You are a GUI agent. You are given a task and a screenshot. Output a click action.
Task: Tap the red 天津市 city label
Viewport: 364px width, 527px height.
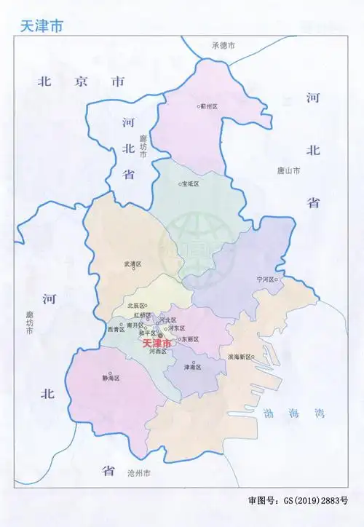coord(157,342)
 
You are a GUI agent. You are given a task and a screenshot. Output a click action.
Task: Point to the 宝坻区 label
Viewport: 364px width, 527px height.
coord(191,184)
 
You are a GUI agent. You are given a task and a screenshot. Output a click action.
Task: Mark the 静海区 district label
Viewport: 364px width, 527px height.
coord(111,379)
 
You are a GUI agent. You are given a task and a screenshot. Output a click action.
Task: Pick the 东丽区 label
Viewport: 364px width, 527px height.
coord(191,339)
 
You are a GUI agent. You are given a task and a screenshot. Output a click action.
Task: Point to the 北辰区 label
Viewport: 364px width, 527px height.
coord(136,306)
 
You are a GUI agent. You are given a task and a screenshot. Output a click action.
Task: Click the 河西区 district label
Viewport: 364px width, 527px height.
coord(157,352)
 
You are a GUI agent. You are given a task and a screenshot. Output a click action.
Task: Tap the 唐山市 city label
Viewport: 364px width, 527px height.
coord(288,170)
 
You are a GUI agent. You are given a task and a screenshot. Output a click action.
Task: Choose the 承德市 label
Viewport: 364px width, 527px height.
coord(223,45)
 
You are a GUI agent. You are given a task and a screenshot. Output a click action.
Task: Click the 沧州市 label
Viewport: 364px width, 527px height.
coord(138,473)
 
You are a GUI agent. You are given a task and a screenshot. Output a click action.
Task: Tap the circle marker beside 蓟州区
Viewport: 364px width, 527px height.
coord(199,106)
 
